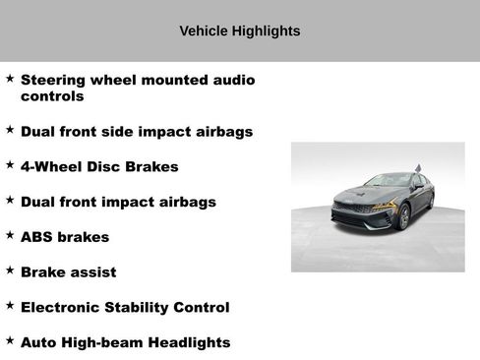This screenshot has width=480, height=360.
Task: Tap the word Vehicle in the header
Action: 204,30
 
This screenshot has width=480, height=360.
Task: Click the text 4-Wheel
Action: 52,166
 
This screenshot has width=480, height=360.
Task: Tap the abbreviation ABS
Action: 37,237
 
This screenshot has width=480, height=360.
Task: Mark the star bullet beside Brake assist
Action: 9,270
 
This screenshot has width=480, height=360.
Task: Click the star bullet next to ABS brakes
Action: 9,234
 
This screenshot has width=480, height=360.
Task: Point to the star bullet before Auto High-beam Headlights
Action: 9,339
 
